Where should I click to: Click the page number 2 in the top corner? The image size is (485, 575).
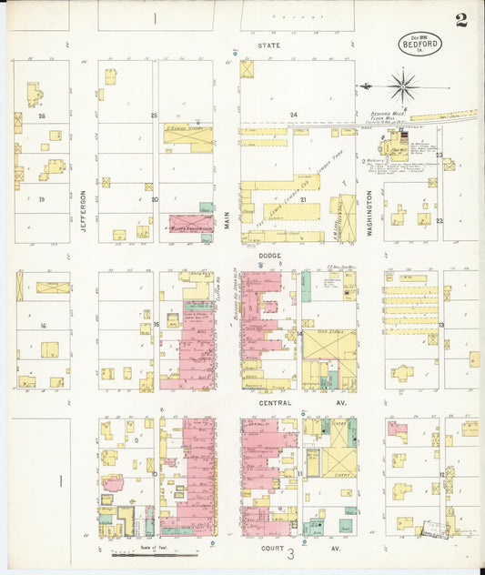point(461,20)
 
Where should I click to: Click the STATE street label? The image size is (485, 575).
point(268,45)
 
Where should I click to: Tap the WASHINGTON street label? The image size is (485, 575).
point(370,212)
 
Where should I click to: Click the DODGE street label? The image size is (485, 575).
point(269,257)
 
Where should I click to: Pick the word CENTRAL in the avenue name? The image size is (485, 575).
point(275,402)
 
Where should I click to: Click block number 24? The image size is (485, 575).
point(293,115)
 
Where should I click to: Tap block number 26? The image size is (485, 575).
point(41,116)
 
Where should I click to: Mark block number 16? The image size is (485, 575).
point(42,324)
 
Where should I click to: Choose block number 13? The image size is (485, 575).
point(441,325)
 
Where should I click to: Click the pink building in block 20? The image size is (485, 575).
point(186,223)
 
